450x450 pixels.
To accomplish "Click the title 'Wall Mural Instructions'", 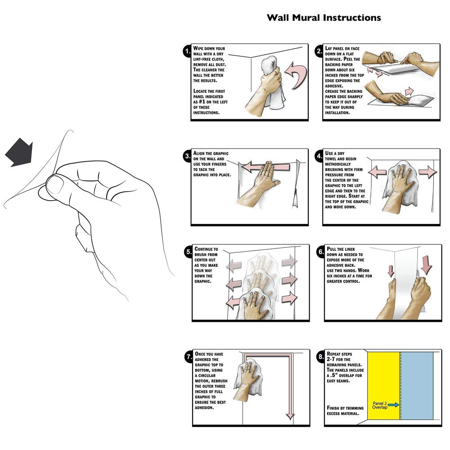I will click(324, 18).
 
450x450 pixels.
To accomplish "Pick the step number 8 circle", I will click(319, 358).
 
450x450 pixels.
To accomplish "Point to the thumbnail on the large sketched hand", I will click(55, 185).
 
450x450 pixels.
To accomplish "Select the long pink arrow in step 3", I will click(265, 168).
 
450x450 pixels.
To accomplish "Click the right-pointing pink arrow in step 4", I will click(427, 172).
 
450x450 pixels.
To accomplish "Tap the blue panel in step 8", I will click(416, 385).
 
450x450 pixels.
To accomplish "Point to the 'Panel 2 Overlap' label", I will click(380, 405).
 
